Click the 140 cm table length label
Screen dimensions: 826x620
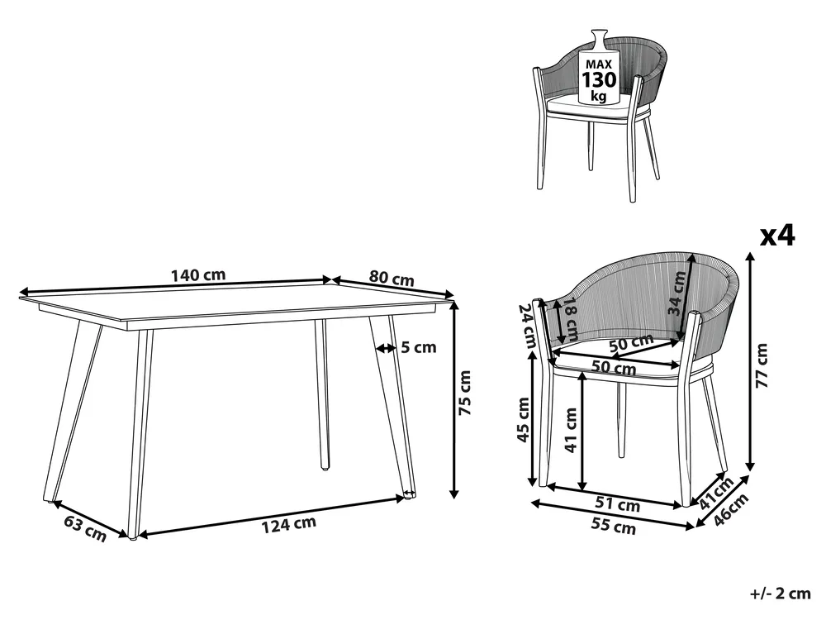coord(198,275)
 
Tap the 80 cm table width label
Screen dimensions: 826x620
coord(392,279)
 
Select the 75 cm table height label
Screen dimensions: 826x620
coord(465,392)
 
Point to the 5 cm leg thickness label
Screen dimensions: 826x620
coord(419,347)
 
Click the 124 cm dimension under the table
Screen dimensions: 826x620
coord(289,524)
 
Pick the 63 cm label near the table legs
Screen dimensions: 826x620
coord(85,528)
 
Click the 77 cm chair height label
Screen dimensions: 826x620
coord(762,365)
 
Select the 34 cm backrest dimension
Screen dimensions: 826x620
coord(677,293)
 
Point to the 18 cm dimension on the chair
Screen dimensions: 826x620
coord(570,319)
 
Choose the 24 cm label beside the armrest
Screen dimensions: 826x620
coord(527,325)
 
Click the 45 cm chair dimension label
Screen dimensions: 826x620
coord(524,420)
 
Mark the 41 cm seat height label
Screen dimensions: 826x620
coord(571,430)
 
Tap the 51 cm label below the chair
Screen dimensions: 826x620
coord(618,505)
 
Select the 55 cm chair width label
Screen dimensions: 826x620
coord(614,526)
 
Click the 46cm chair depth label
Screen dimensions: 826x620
coord(732,509)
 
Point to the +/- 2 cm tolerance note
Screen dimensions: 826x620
coord(781,593)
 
